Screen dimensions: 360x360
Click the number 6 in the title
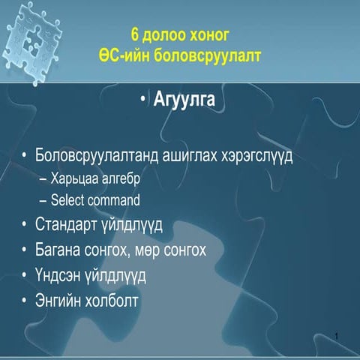pos(135,34)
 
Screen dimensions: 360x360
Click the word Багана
pos(61,249)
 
